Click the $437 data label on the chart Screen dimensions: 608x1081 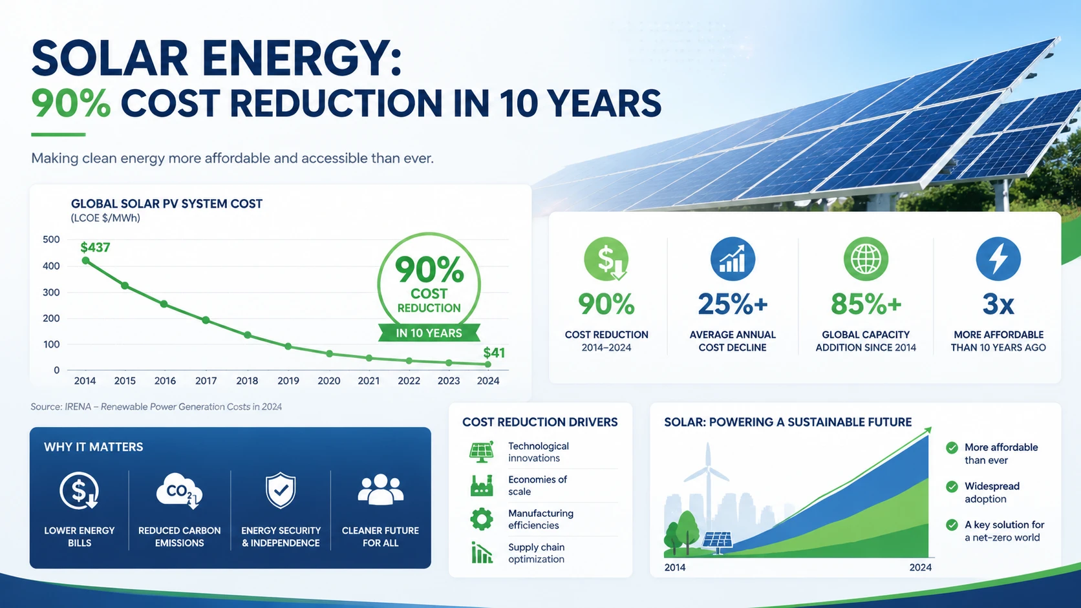[x=95, y=247]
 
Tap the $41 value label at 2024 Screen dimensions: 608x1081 [x=494, y=353]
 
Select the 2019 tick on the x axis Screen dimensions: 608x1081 [x=288, y=381]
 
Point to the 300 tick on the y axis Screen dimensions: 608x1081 [x=51, y=292]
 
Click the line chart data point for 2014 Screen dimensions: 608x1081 [x=86, y=261]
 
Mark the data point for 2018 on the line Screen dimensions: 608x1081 [x=248, y=335]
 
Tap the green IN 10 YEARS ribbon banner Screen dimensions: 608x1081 [x=429, y=333]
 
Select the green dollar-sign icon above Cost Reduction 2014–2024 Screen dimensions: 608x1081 [x=606, y=259]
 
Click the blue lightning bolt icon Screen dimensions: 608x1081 [x=998, y=259]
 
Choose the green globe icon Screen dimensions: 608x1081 [x=866, y=259]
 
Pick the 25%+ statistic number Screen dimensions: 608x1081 [x=733, y=304]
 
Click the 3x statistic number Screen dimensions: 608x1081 [x=998, y=304]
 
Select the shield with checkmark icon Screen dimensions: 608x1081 [x=281, y=491]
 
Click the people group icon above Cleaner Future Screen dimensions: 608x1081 [x=380, y=490]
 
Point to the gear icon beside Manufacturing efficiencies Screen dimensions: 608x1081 [x=482, y=519]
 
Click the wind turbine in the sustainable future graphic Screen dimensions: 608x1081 [x=708, y=478]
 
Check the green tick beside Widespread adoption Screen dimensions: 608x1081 [x=952, y=487]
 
